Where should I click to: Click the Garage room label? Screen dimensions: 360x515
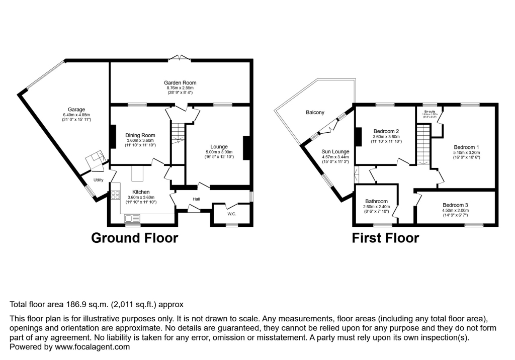pos(76,109)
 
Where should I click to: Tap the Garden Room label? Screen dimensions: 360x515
pos(180,82)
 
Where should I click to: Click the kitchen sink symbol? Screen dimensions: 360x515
pos(132,218)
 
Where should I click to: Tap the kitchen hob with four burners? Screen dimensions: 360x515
pos(116,194)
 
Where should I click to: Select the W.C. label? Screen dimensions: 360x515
pos(231,214)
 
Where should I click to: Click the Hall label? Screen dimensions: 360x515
pos(196,200)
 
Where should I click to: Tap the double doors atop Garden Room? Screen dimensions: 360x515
pos(180,59)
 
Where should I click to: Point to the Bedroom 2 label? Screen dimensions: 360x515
pos(385,131)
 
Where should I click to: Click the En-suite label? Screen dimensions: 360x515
pos(430,111)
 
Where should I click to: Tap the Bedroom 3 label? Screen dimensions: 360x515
pos(455,205)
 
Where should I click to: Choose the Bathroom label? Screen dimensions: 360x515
pos(376,201)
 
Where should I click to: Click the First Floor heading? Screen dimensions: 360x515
pos(385,238)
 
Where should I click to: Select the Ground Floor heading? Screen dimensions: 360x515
pos(134,238)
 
